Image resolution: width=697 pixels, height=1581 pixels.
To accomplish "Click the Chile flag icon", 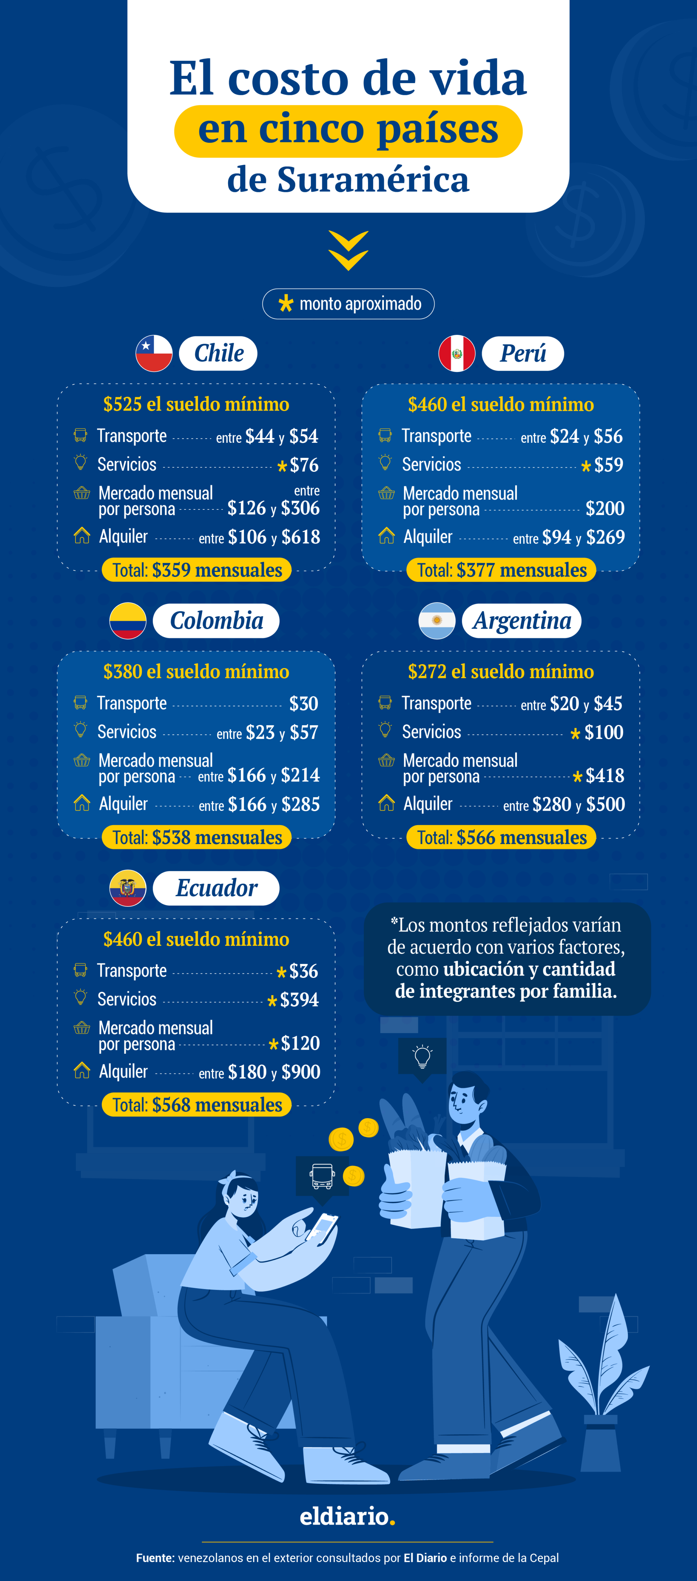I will coord(153,354).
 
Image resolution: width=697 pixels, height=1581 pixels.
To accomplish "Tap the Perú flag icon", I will coord(456,354).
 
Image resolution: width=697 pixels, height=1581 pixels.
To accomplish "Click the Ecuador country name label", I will coord(216,888).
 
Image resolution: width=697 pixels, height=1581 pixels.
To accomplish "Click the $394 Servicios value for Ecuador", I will coord(299,1000).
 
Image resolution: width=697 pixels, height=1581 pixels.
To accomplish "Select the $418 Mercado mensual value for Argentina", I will coord(604,776).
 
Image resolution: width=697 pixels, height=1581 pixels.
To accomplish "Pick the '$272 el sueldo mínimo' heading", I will coord(501,672).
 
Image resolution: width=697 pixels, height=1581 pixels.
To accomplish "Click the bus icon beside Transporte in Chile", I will coord(80,435).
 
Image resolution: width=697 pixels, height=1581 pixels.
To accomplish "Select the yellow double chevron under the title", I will coord(348,251).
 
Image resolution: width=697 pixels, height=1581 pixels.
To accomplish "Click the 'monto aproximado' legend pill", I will coord(348,304).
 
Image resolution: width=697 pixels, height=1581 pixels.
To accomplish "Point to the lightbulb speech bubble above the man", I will coord(422,1057).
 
